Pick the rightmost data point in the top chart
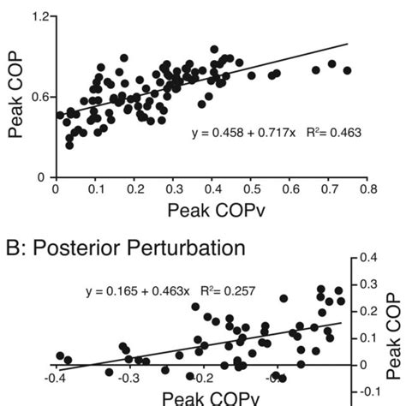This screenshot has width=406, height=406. pos(347,70)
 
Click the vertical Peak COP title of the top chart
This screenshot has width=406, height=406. pos(15,96)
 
